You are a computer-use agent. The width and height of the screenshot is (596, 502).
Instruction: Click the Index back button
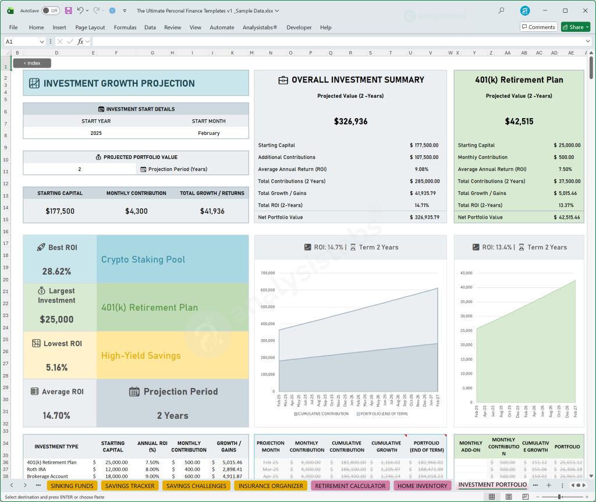tap(32, 63)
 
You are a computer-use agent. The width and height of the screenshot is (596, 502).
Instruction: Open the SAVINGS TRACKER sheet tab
tap(130, 486)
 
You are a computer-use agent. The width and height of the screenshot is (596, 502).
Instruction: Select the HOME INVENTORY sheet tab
tap(423, 486)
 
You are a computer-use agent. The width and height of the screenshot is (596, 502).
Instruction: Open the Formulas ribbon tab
tap(125, 27)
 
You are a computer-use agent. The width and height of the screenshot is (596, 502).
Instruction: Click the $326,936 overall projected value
tap(350, 122)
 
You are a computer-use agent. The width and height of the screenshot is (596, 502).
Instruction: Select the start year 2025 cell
tap(96, 133)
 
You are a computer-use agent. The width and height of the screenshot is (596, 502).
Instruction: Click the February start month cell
tap(209, 133)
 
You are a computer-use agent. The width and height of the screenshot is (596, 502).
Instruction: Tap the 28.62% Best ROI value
tap(56, 271)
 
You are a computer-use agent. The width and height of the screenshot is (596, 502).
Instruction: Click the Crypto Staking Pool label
tap(143, 259)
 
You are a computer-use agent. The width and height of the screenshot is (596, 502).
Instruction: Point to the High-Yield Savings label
tap(141, 355)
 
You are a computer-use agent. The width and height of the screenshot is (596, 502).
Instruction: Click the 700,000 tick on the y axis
tap(267, 273)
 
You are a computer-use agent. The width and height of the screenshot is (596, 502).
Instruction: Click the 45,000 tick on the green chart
tap(466, 273)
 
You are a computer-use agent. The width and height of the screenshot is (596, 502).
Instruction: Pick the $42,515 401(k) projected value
tap(518, 122)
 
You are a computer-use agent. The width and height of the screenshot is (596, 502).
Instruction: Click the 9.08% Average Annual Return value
tap(421, 169)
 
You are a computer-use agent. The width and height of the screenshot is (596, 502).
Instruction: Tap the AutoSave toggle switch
tap(51, 10)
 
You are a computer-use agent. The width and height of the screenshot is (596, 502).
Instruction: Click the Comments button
tap(538, 27)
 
